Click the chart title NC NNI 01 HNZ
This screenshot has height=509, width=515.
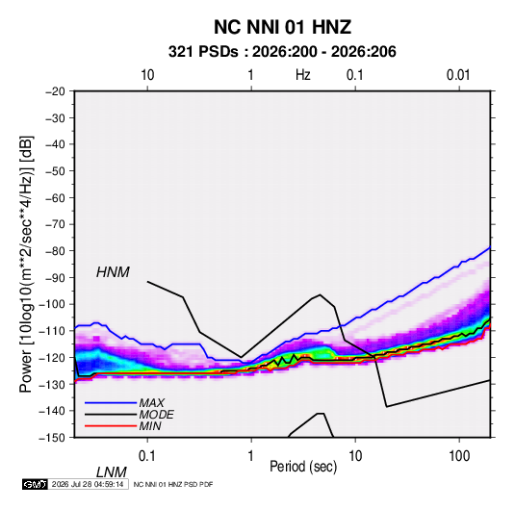pos(282,27)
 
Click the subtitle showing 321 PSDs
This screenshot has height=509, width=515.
pos(282,52)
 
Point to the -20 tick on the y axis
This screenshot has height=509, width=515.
pos(55,91)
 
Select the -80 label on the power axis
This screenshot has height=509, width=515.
pos(55,251)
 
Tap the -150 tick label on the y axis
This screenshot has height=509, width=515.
pos(52,438)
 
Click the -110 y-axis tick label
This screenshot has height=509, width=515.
pos(52,331)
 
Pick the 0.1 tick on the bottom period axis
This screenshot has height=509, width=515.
pos(147,455)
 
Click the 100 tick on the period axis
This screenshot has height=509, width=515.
pos(458,455)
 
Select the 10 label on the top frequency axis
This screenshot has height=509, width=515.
pos(147,75)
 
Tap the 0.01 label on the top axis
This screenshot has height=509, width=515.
pos(458,75)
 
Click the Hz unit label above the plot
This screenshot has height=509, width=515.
pos(303,75)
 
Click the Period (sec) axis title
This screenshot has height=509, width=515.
pos(303,467)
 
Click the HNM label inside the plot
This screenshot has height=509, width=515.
pos(113,272)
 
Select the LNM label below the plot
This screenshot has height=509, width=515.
pos(112,472)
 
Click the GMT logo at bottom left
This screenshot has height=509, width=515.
pos(35,484)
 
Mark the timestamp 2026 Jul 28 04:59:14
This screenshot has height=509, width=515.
pos(88,484)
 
